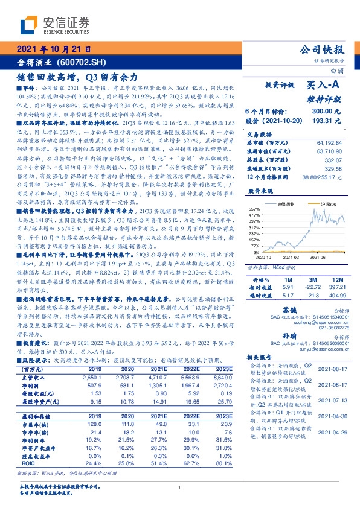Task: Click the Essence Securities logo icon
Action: [x=29, y=25]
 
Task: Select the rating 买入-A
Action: [x=324, y=86]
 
